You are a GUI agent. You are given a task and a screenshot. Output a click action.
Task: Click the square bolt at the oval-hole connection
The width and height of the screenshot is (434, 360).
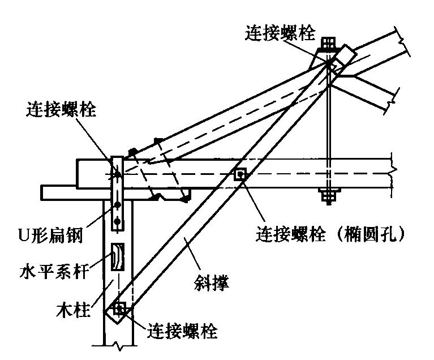point(240,174)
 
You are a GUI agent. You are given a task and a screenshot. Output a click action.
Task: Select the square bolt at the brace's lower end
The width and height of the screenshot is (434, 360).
point(119,308)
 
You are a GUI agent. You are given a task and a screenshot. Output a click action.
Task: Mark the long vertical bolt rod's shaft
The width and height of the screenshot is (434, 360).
point(328,130)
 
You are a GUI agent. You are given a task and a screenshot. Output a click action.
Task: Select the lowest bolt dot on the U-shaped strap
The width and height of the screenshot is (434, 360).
point(118,221)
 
